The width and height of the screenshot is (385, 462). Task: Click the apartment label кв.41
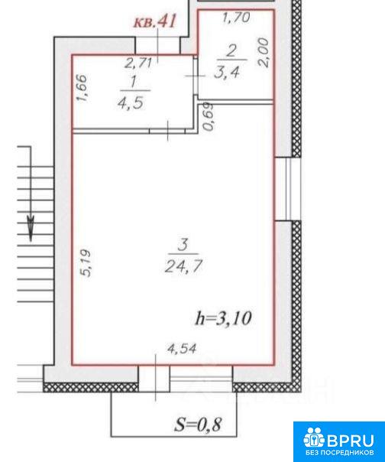click(155, 21)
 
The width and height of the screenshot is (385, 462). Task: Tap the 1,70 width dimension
click(236, 18)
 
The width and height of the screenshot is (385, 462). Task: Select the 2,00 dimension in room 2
click(264, 53)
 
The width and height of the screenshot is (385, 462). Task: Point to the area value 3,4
click(227, 72)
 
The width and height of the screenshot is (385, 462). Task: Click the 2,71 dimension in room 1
click(138, 63)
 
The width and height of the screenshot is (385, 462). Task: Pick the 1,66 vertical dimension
click(82, 88)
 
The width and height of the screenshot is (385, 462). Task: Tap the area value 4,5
click(131, 102)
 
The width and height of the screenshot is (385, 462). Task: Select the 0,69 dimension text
click(209, 117)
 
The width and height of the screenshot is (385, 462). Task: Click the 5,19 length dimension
click(87, 263)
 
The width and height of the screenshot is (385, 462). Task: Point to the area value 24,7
click(183, 266)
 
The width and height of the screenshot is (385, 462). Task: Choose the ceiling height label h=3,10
click(223, 318)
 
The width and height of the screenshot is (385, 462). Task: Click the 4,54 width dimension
click(182, 349)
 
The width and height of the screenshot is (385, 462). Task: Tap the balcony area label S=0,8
click(198, 425)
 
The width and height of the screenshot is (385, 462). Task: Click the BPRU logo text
click(351, 441)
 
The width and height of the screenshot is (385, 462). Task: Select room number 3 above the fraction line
click(183, 245)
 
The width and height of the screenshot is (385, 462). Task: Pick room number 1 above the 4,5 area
click(134, 81)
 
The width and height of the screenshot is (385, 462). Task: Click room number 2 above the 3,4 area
click(231, 51)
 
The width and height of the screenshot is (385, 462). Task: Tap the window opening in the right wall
click(288, 189)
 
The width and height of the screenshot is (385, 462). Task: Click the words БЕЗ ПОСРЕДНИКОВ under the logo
click(340, 452)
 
